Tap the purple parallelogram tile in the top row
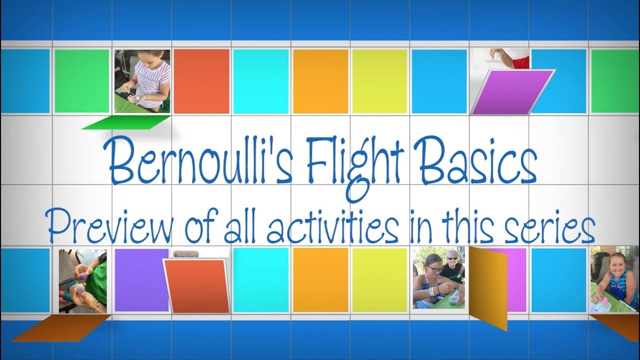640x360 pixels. coord(512,92)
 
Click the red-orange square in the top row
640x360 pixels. coord(201,81)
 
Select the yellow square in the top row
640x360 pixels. coord(379,81)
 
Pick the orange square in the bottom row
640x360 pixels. coord(320,280)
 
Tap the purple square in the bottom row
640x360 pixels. coord(141,280)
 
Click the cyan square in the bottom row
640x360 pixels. coord(260,280)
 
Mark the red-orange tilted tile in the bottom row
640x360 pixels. coord(196,285)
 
